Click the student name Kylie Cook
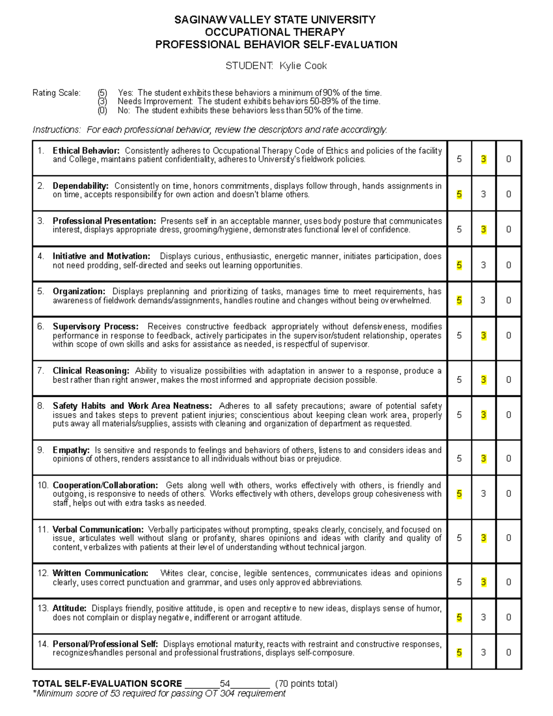point(303,66)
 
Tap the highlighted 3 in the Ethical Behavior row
point(483,159)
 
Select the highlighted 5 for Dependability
point(459,194)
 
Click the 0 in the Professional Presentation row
point(508,229)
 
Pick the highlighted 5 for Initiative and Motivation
point(459,265)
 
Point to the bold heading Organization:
point(79,291)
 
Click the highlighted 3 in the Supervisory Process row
point(483,336)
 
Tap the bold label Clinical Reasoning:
point(91,371)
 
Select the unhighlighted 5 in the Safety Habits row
point(459,415)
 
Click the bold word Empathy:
point(71,450)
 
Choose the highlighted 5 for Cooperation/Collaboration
point(459,494)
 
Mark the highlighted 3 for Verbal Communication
point(483,538)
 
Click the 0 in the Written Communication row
point(508,582)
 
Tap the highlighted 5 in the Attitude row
point(459,617)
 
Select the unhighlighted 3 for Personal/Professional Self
point(483,652)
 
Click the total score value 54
point(225,683)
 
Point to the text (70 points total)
point(306,683)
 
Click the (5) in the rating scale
point(102,93)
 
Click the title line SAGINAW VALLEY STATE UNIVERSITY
point(275,20)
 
